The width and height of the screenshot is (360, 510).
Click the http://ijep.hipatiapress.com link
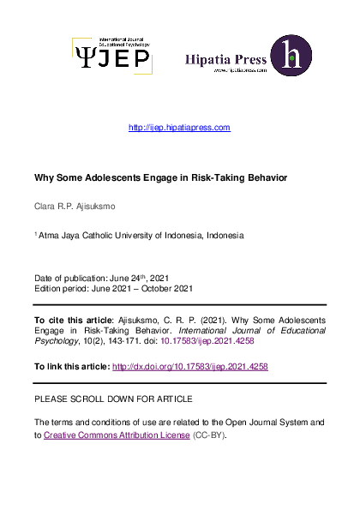click(179, 128)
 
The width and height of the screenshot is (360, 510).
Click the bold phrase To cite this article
click(72, 320)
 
